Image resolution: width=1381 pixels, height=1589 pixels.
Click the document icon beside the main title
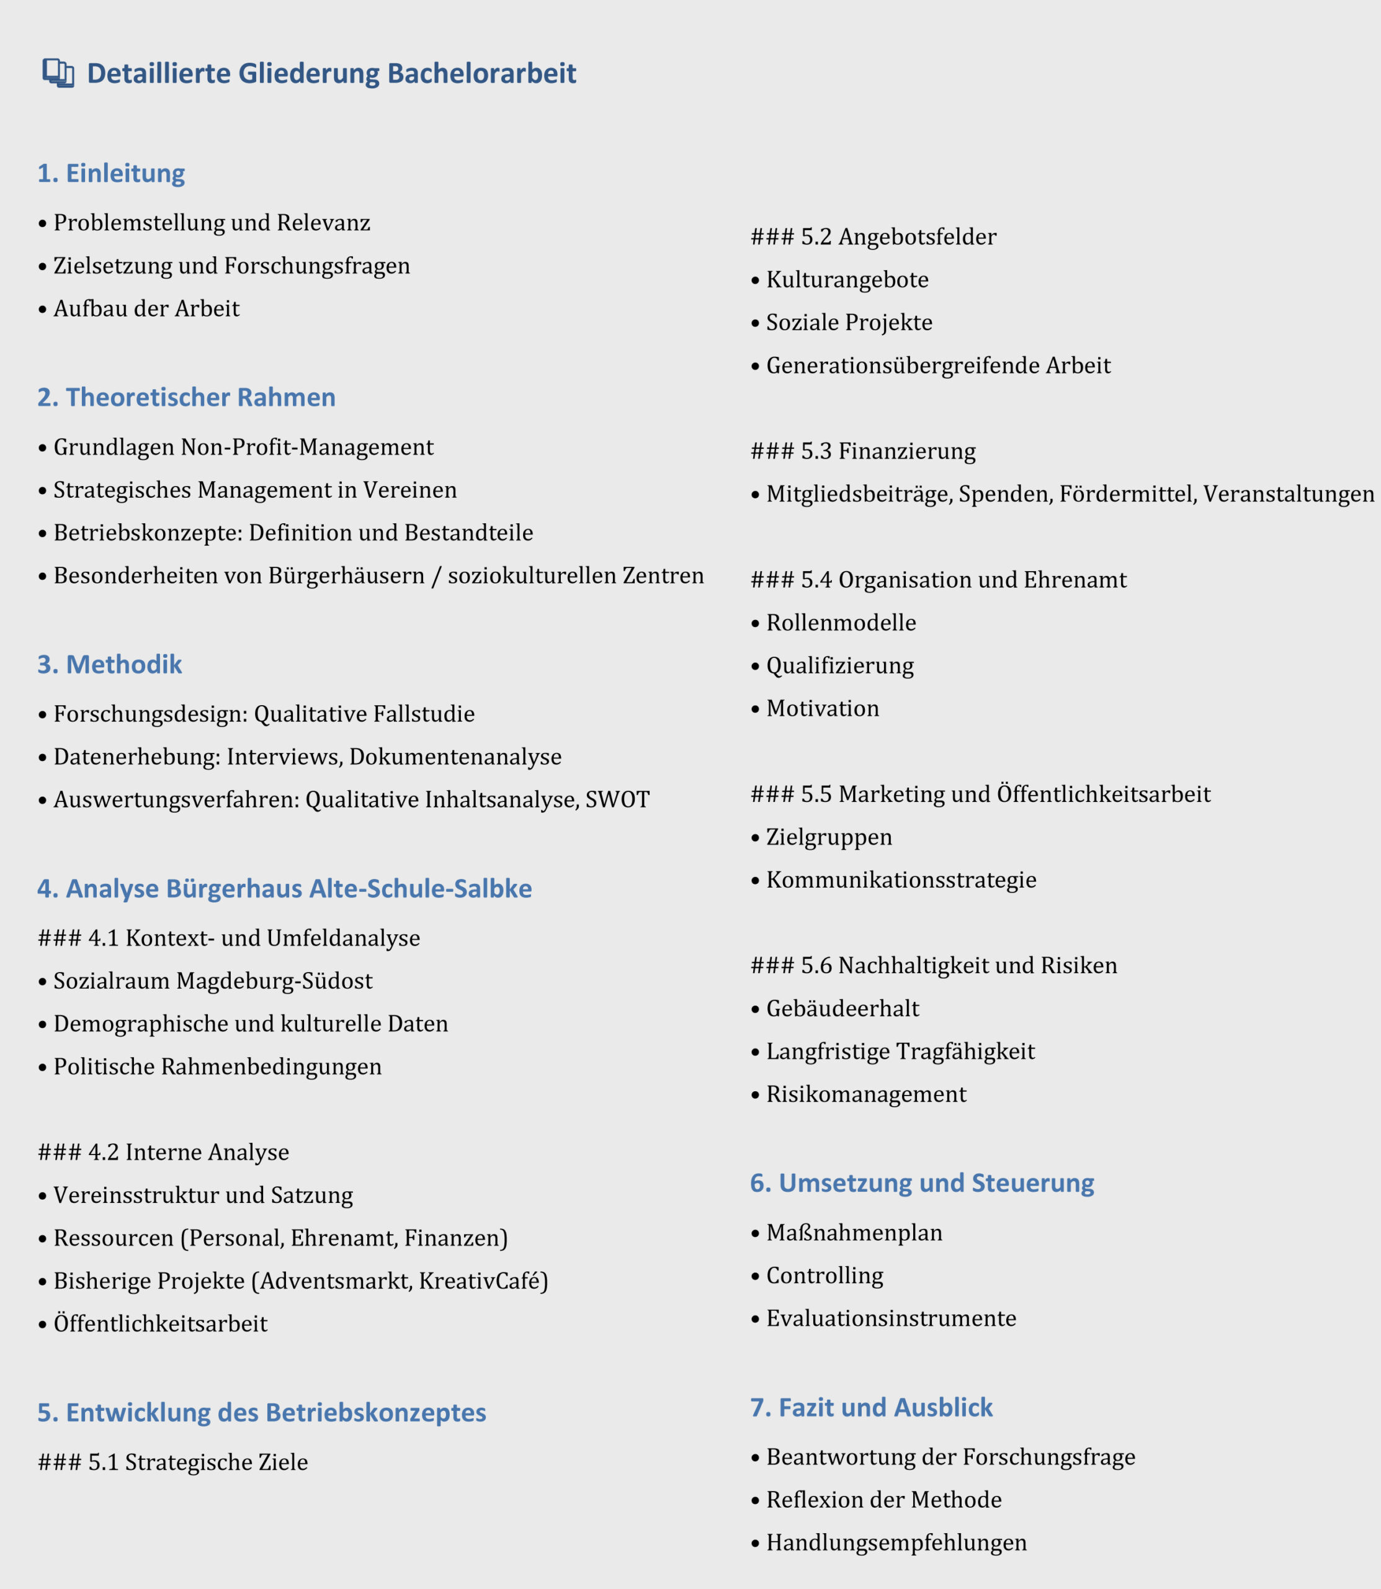58,73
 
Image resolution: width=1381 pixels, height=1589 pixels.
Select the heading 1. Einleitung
111,173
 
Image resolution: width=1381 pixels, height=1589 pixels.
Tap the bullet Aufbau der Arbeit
146,308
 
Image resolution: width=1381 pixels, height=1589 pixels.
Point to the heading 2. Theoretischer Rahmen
187,397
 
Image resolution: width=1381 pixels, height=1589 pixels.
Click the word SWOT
617,799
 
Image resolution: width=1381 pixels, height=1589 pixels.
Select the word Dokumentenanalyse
455,757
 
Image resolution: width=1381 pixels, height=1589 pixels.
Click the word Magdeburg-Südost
274,981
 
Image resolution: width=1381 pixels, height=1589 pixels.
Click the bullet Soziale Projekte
849,322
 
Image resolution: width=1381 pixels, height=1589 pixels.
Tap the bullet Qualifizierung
839,665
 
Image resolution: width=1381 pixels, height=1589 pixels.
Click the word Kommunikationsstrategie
901,880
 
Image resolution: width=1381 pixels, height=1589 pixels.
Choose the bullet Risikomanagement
865,1094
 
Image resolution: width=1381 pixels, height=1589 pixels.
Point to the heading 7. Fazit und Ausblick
871,1407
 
